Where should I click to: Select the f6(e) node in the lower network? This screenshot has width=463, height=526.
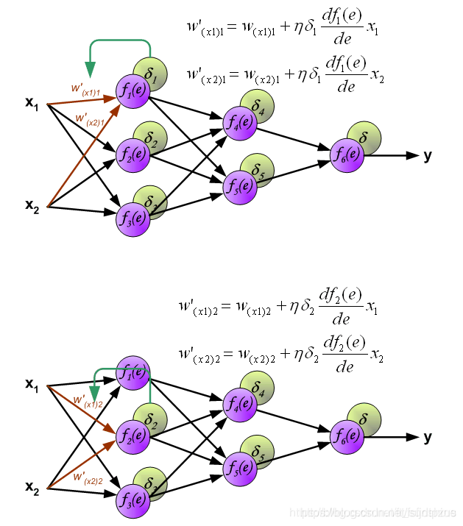347,436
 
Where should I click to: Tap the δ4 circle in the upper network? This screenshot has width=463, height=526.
258,107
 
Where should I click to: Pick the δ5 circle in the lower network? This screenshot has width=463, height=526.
258,452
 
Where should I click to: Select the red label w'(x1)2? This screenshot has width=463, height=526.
86,402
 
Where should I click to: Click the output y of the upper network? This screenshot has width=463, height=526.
428,155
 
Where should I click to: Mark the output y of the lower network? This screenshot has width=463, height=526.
428,437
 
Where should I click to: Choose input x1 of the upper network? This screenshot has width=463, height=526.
32,104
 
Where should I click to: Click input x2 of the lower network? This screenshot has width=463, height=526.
32,487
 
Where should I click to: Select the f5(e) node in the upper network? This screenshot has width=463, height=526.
240,185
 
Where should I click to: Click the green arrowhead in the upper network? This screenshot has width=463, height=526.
91,71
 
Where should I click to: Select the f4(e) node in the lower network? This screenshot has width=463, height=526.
240,404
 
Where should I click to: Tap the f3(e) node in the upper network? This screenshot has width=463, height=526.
132,218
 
